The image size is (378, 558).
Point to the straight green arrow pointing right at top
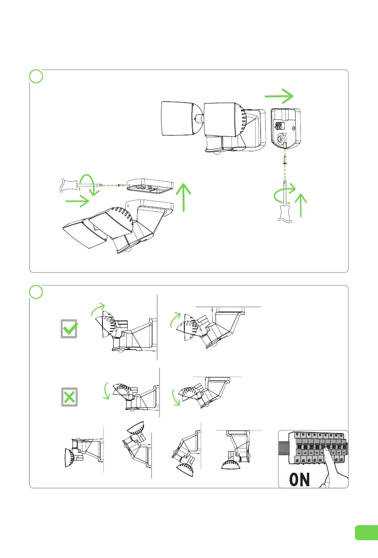pyautogui.click(x=279, y=96)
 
